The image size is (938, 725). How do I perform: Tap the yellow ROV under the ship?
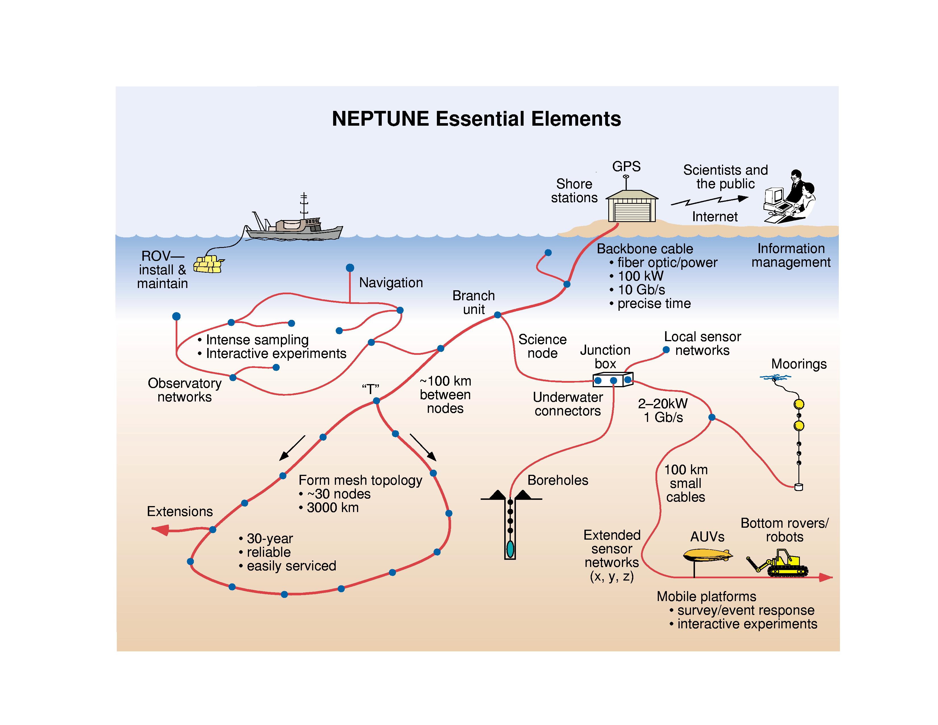pyautogui.click(x=209, y=264)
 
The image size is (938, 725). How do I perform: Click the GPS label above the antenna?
pyautogui.click(x=626, y=166)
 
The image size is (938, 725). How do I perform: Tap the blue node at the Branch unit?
pyautogui.click(x=497, y=315)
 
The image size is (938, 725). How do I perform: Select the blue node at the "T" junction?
pyautogui.click(x=376, y=401)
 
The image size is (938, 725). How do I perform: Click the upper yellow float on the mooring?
pyautogui.click(x=799, y=404)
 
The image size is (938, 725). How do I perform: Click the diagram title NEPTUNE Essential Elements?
pyautogui.click(x=476, y=119)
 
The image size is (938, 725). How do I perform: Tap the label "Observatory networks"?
pyautogui.click(x=185, y=390)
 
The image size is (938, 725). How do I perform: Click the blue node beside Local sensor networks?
pyautogui.click(x=666, y=350)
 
